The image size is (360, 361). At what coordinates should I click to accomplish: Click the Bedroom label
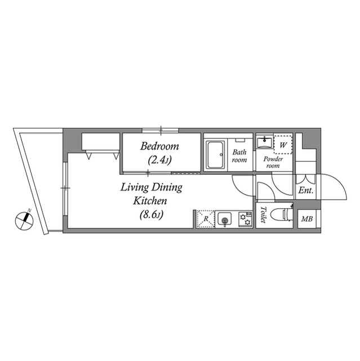160,147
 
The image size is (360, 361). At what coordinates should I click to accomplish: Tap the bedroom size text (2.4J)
160,160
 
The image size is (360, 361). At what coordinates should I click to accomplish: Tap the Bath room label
240,156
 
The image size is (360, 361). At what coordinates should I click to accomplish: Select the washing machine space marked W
283,144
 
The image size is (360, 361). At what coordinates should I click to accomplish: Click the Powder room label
273,162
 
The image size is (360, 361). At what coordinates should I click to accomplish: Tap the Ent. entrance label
306,191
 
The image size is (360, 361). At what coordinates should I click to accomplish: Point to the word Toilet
263,215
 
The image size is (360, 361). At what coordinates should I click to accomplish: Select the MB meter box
308,219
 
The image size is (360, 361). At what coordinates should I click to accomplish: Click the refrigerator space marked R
206,219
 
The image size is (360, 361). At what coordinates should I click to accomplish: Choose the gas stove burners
245,218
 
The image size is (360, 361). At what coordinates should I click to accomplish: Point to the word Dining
167,187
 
